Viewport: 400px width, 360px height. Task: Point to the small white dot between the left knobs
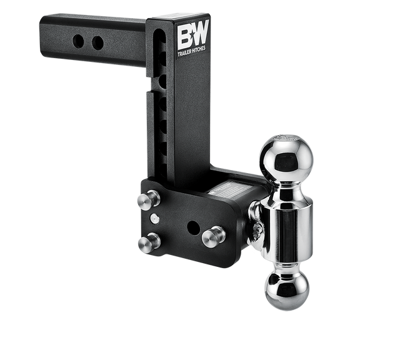click(154, 219)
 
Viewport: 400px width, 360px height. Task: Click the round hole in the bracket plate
click(194, 227)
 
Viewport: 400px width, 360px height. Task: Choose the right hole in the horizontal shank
click(97, 43)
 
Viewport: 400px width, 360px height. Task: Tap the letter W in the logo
click(202, 38)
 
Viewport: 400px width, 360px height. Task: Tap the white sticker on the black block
click(228, 188)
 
